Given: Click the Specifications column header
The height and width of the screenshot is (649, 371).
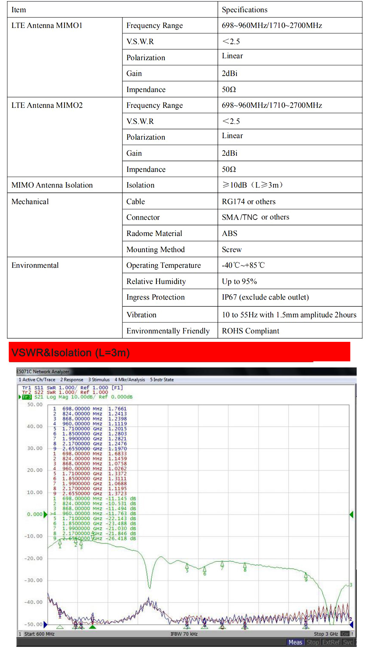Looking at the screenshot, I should (244, 10).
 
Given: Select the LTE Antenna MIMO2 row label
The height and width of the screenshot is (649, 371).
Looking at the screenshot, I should (47, 105).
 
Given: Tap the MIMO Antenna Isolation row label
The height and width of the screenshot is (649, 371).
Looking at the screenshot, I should (52, 185).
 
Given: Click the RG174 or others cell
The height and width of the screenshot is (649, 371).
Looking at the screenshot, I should (248, 202).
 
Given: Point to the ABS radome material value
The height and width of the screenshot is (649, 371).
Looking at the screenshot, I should (229, 233).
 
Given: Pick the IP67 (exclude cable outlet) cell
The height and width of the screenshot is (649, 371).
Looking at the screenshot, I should (265, 297).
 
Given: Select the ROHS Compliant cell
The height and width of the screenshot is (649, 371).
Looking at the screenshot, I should (250, 331).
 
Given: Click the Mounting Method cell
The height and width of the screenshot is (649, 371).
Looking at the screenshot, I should (155, 250).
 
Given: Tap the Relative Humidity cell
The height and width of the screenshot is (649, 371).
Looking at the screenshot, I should (156, 282).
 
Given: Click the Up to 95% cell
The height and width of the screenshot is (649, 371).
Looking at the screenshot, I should (239, 282).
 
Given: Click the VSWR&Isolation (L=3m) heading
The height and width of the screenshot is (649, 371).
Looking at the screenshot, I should (70, 353).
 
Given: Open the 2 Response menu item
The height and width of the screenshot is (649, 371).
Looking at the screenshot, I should (72, 380).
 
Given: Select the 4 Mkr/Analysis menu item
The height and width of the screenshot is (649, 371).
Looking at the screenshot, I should (130, 380).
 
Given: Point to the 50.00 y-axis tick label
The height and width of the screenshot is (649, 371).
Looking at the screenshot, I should (35, 404).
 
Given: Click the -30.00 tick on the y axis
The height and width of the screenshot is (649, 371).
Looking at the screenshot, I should (33, 580).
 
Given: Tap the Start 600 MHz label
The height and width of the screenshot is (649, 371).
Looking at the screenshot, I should (39, 634).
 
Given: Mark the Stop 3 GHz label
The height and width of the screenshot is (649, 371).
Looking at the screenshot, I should (326, 634).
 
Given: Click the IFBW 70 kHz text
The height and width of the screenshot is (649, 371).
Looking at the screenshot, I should (184, 634).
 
